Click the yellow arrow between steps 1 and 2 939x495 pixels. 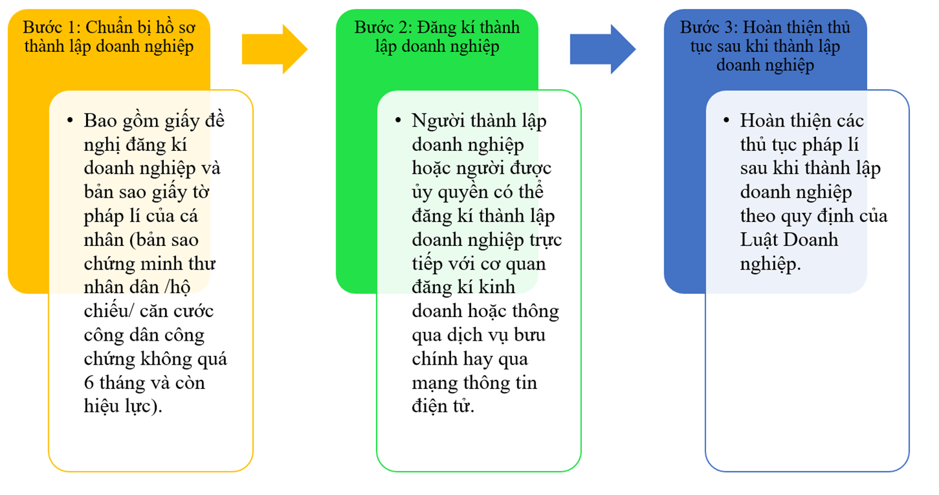point(275,49)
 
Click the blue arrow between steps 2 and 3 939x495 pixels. point(603,49)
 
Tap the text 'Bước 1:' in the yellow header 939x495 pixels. point(52,27)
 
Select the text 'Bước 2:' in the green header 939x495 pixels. point(383,27)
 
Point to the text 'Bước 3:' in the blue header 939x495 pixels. point(709,27)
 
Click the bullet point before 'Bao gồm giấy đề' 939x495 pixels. point(70,121)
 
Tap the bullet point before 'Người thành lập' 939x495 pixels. point(398,121)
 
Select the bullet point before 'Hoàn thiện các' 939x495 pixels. point(726,121)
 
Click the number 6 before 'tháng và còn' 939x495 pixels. point(89,383)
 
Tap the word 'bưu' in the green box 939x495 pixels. point(529,335)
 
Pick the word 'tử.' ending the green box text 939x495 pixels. point(463,406)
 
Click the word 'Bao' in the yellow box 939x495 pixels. point(100,121)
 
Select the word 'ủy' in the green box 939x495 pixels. point(422,193)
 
